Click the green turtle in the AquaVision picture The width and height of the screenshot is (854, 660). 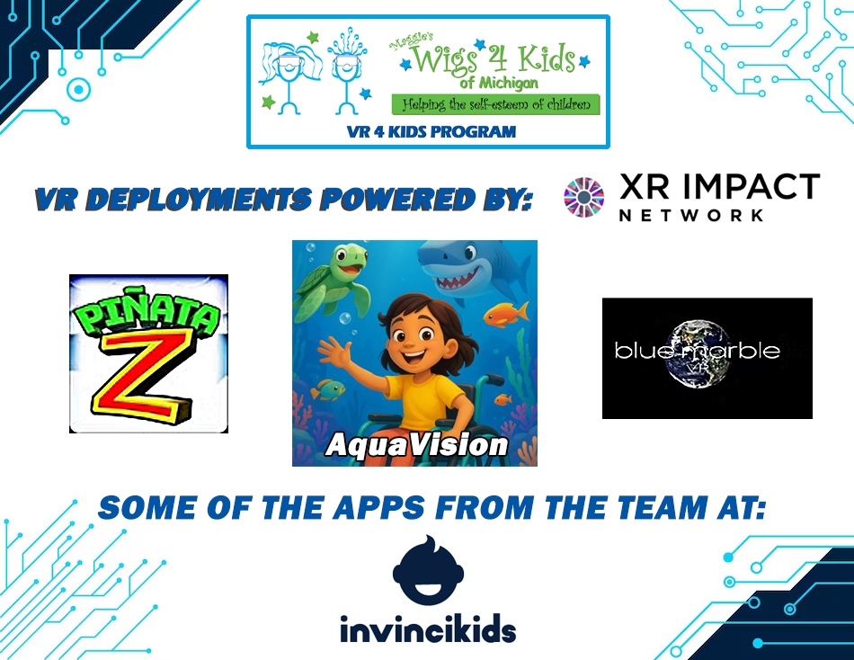pos(333,281)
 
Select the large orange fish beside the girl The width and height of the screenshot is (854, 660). pos(506,314)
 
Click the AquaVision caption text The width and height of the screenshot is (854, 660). pos(416,444)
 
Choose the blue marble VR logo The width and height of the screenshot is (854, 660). pos(707,358)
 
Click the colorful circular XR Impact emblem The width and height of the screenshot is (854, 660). pos(583,197)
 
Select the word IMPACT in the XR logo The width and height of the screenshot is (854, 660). pos(751,186)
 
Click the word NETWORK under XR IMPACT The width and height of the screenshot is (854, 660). pos(691,215)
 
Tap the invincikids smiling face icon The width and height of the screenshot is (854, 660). pos(428,570)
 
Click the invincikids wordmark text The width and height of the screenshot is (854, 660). pos(428,630)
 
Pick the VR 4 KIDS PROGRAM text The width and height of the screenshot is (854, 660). pos(431,132)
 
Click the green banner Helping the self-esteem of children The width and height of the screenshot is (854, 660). pos(495,104)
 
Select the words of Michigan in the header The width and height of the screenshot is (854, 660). pos(498,84)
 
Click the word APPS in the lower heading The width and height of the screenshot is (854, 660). pos(378,507)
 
